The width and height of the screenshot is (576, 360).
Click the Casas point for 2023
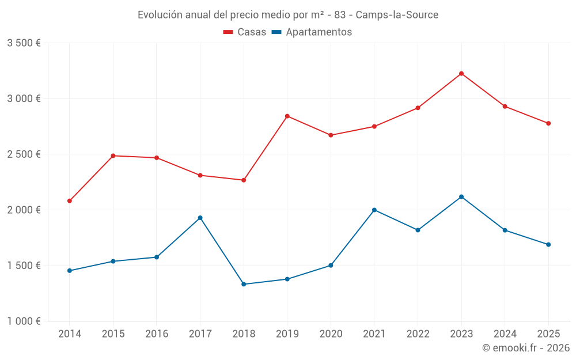point(461,74)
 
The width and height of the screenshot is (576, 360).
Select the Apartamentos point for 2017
point(200,218)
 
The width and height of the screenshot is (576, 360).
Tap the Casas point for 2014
point(70,201)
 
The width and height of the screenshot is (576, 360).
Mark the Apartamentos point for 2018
point(244,284)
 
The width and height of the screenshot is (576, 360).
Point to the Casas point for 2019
point(287,116)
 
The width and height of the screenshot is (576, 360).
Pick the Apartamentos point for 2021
point(374,210)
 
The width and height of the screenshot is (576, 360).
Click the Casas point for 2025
point(548,123)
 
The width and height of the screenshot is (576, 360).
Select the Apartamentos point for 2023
point(461,197)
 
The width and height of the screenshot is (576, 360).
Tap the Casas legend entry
point(245,32)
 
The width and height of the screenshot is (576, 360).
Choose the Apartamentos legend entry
point(312,32)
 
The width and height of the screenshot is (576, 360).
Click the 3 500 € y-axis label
point(24,43)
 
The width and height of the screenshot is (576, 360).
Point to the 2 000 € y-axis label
point(24,210)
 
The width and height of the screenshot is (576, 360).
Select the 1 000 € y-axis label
point(24,321)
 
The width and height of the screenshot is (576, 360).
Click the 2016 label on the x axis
point(157,334)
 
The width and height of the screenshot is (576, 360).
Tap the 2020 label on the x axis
point(331,334)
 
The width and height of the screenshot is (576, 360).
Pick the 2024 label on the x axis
point(505,334)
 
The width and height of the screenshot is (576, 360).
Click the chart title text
point(288,15)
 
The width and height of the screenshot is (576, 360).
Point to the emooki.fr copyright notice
point(526,348)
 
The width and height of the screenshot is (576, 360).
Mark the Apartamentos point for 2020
point(331,266)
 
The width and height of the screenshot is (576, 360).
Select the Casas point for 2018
point(244,180)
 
